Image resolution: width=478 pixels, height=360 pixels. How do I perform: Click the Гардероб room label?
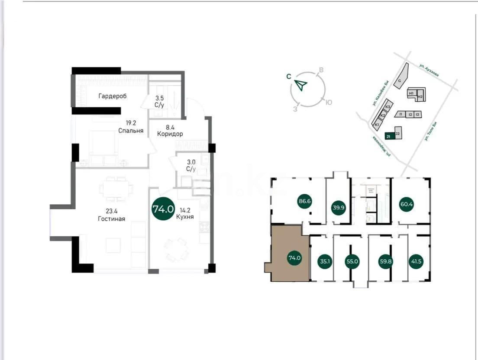(x=112, y=96)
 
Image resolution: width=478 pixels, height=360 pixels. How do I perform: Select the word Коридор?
(x=170, y=134)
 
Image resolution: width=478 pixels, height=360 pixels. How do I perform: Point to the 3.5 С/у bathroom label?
(x=160, y=101)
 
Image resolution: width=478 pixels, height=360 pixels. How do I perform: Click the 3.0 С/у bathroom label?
(x=191, y=166)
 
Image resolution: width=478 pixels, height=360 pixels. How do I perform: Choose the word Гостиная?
(x=111, y=219)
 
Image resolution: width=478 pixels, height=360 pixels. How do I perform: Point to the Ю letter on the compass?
(x=329, y=103)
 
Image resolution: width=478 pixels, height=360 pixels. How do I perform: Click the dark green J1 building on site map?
(x=389, y=136)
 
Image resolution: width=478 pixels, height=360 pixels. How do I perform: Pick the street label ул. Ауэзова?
(x=429, y=70)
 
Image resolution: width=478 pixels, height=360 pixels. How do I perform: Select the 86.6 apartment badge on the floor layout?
(x=305, y=201)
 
